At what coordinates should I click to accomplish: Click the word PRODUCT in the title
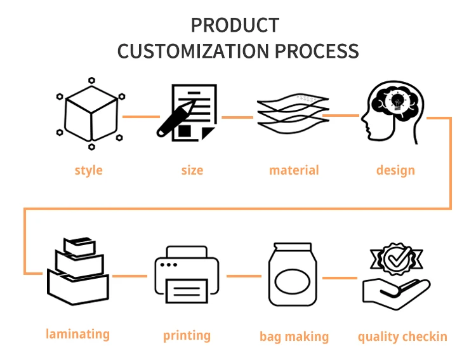235,25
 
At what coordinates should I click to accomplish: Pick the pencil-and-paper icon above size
187,113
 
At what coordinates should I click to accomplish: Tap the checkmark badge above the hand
397,260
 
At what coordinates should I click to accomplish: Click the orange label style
88,170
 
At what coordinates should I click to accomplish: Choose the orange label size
192,170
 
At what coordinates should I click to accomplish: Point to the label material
294,170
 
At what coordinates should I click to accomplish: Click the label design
395,170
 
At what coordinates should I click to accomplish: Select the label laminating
77,334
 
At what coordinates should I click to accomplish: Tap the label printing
187,335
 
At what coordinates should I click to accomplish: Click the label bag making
294,337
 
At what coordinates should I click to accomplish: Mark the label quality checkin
402,337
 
